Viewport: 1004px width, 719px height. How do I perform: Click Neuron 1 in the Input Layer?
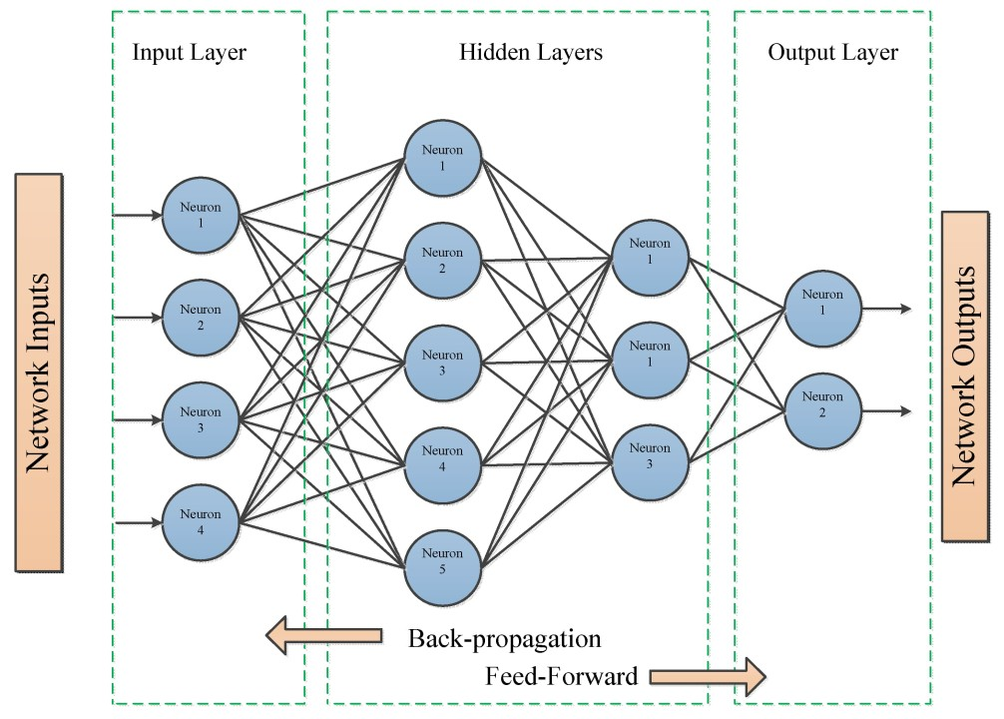click(200, 215)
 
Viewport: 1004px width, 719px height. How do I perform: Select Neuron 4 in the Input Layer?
click(200, 521)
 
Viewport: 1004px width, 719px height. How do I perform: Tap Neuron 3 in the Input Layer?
click(200, 419)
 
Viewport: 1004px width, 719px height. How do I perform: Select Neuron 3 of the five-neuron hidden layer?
click(442, 362)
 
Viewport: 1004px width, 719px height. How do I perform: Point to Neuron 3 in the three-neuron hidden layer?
click(651, 461)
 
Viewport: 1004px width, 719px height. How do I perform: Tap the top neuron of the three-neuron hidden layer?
click(651, 260)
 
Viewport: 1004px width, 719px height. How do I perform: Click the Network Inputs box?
click(39, 372)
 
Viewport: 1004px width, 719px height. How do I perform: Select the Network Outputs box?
click(964, 374)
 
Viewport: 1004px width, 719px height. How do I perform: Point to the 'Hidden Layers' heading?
click(530, 53)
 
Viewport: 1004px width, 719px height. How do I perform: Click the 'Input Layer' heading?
click(189, 53)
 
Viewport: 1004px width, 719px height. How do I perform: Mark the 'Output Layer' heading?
click(832, 53)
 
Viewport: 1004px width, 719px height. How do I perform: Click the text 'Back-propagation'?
click(505, 638)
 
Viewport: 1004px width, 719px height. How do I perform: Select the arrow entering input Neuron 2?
click(138, 318)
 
